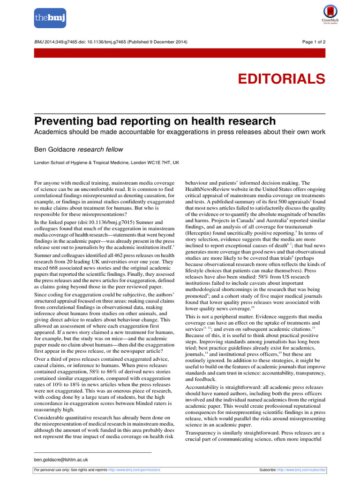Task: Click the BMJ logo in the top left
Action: [50, 18]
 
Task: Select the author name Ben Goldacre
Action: [55, 149]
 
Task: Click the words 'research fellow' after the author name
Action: [100, 149]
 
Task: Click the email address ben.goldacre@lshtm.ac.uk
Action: [61, 459]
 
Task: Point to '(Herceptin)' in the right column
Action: [200, 233]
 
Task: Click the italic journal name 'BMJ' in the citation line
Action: [40, 42]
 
